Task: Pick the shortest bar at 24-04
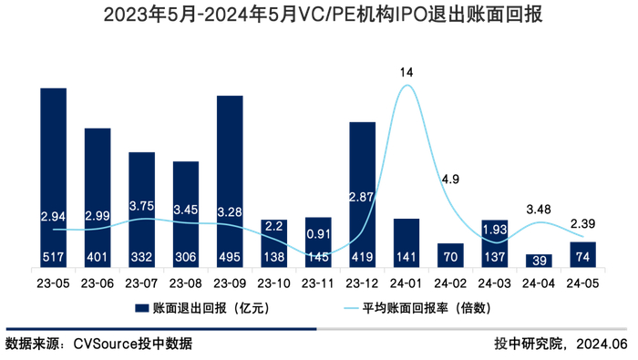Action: pos(539,261)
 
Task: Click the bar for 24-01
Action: pos(406,242)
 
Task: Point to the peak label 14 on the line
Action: pos(406,71)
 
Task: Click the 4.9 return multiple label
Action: pos(450,180)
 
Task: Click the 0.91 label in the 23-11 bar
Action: pos(318,233)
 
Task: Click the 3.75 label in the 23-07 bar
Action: pos(142,207)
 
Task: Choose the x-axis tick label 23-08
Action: pos(186,282)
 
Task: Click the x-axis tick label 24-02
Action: pos(450,282)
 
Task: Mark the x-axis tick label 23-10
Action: pos(274,282)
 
